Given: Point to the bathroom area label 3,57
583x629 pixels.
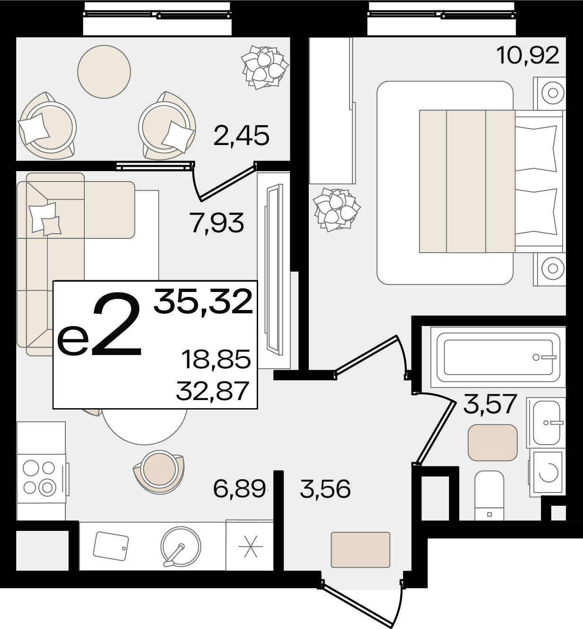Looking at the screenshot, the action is (490, 404).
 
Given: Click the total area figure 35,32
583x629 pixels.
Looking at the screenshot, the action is (203, 301).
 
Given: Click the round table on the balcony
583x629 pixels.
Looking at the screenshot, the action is (104, 72).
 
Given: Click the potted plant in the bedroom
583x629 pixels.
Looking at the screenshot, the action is (336, 210).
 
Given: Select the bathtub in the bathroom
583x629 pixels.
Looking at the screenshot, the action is (498, 357).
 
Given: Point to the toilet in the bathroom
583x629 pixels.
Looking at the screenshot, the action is (489, 500).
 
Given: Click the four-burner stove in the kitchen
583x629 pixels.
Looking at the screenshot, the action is (42, 478).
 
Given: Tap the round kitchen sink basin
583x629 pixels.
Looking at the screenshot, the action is (180, 547).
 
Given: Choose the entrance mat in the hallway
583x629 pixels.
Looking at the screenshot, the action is (360, 550).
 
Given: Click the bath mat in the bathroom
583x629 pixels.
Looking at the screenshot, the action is (493, 443).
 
